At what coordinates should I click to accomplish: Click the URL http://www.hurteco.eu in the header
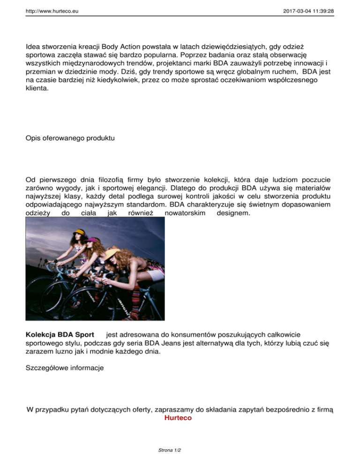pyautogui.click(x=52, y=9)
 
